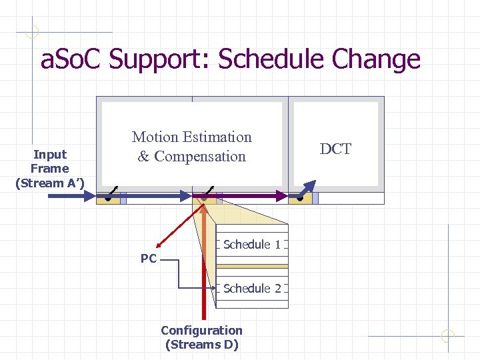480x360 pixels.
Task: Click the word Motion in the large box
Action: (x=155, y=137)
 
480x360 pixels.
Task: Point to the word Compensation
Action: (x=200, y=157)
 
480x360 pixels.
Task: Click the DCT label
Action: (x=335, y=149)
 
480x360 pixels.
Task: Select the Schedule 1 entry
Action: (x=252, y=245)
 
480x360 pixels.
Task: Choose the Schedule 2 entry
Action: (x=252, y=289)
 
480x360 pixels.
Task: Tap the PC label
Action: (x=148, y=259)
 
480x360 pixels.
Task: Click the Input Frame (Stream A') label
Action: (x=50, y=169)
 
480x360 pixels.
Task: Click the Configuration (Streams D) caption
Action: (x=201, y=337)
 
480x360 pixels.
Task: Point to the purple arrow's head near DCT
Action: (x=283, y=195)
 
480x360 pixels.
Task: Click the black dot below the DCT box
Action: (x=300, y=199)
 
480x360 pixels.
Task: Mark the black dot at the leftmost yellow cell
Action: (x=107, y=199)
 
